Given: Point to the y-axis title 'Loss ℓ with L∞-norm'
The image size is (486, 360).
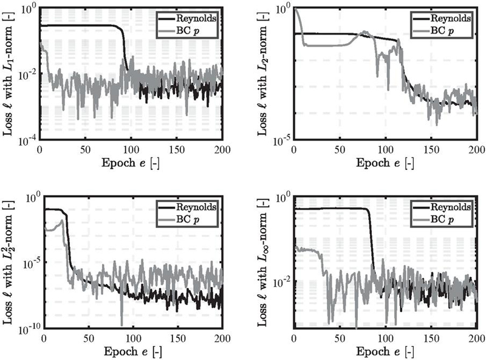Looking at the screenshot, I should pos(262,268).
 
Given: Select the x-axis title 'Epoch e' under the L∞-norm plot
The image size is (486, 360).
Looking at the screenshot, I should pos(385,352).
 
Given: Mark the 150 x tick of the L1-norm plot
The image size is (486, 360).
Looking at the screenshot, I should pos(177,150).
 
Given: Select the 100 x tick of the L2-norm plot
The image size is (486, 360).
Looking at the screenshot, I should pos(385,150).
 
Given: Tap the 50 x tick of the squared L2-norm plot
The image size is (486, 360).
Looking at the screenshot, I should pos(89,339).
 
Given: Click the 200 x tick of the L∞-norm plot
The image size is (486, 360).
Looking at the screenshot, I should pos(476,339).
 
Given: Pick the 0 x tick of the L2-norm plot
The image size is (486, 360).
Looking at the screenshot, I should pos(294,150).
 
